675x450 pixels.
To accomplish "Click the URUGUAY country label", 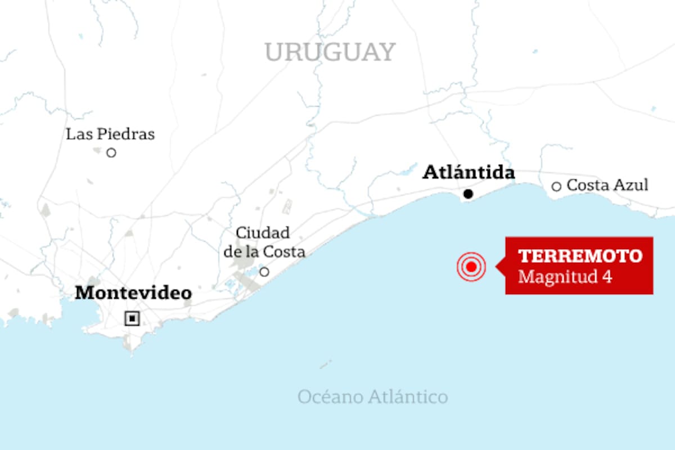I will tap(330, 52).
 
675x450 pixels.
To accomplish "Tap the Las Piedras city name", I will tap(110, 134).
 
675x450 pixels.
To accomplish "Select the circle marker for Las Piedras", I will tap(111, 152).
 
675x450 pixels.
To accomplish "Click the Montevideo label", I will tap(133, 293).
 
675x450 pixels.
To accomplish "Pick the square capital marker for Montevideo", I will tap(132, 319).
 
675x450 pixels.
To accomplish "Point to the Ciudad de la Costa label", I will tap(264, 242).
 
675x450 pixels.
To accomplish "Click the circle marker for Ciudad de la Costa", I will tap(264, 272).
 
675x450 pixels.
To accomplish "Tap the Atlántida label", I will tap(469, 172).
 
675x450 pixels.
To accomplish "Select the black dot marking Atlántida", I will tap(468, 194).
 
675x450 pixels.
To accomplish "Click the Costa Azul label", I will tap(607, 185).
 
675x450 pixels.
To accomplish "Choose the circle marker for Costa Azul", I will tap(556, 186).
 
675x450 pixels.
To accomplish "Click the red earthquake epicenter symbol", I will tap(471, 267).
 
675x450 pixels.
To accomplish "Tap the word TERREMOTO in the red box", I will tap(580, 256).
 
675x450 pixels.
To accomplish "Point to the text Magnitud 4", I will tap(565, 277).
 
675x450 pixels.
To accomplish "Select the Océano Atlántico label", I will tap(372, 397).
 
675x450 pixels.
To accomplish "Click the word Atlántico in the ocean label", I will tap(408, 397).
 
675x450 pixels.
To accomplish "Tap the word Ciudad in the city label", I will tap(263, 233).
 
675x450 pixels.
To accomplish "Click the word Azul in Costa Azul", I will tap(632, 185).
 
